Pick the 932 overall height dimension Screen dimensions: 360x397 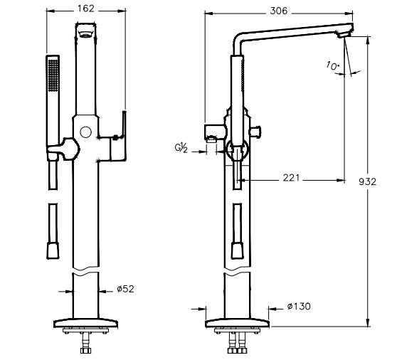tap(376, 181)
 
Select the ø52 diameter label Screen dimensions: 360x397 tap(125, 288)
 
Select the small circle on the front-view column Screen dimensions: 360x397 tap(87, 132)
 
